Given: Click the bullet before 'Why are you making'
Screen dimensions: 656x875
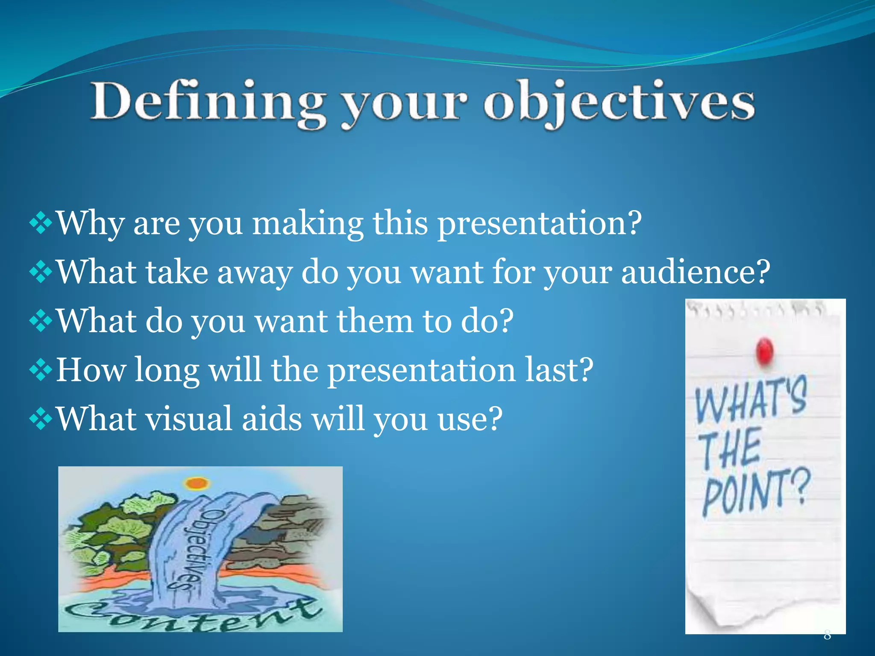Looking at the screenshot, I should coord(41,223).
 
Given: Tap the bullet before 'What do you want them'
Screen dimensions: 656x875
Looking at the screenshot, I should coord(41,321).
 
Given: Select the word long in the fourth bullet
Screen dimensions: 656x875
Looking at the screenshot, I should coord(167,370).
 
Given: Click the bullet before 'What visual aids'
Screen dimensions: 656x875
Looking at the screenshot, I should coord(41,419).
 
